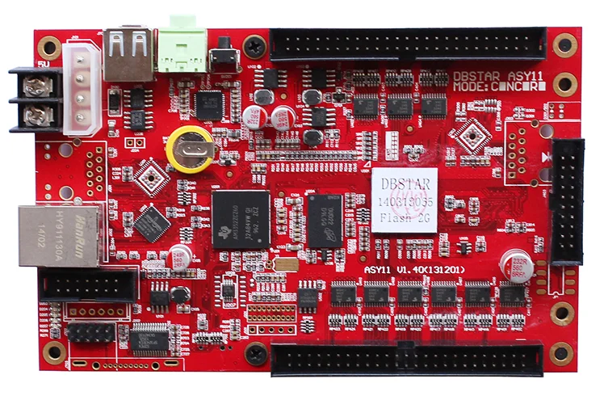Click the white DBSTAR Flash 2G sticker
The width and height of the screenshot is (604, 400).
404,200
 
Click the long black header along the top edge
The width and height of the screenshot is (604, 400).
408,44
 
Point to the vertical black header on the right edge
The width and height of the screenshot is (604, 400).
568,201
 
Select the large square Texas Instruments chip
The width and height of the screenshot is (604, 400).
241,218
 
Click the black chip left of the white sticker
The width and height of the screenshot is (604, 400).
331,219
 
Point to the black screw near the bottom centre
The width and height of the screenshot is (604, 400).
257,353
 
